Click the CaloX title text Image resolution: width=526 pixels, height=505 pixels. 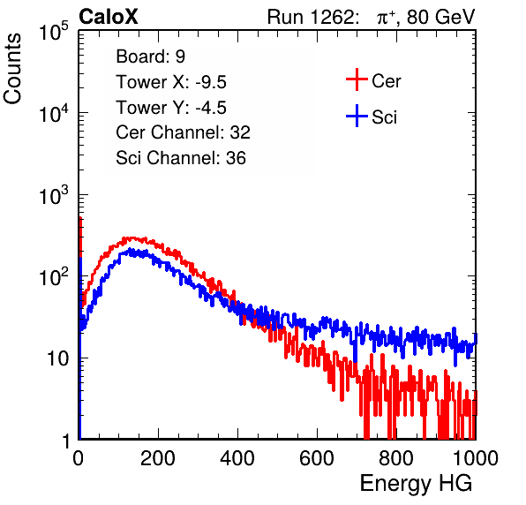pyautogui.click(x=108, y=17)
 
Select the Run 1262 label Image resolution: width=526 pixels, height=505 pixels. pyautogui.click(x=311, y=17)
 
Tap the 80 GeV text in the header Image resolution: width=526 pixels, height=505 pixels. pyautogui.click(x=440, y=17)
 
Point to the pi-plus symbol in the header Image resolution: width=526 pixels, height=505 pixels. pyautogui.click(x=385, y=17)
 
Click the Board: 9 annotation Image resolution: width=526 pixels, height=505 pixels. pyautogui.click(x=150, y=57)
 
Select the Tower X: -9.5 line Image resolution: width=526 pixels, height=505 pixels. pyautogui.click(x=171, y=82)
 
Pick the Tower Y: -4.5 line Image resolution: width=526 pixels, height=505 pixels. pyautogui.click(x=171, y=108)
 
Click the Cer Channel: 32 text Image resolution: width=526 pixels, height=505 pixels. pyautogui.click(x=184, y=132)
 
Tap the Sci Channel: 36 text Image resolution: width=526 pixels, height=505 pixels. pyautogui.click(x=181, y=158)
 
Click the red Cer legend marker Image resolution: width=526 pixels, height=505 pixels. pyautogui.click(x=357, y=79)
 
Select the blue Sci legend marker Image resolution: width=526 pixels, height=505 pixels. pyautogui.click(x=357, y=117)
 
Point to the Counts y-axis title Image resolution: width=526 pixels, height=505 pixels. pyautogui.click(x=12, y=69)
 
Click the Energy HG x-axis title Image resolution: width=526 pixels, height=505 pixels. pyautogui.click(x=416, y=484)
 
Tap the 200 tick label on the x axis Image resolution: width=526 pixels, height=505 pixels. pyautogui.click(x=158, y=458)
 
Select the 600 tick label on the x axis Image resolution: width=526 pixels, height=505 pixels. pyautogui.click(x=317, y=458)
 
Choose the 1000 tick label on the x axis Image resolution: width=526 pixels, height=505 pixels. pyautogui.click(x=476, y=458)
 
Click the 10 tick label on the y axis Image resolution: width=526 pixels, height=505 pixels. pyautogui.click(x=58, y=358)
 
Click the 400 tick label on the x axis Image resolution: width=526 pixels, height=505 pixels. pyautogui.click(x=237, y=458)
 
